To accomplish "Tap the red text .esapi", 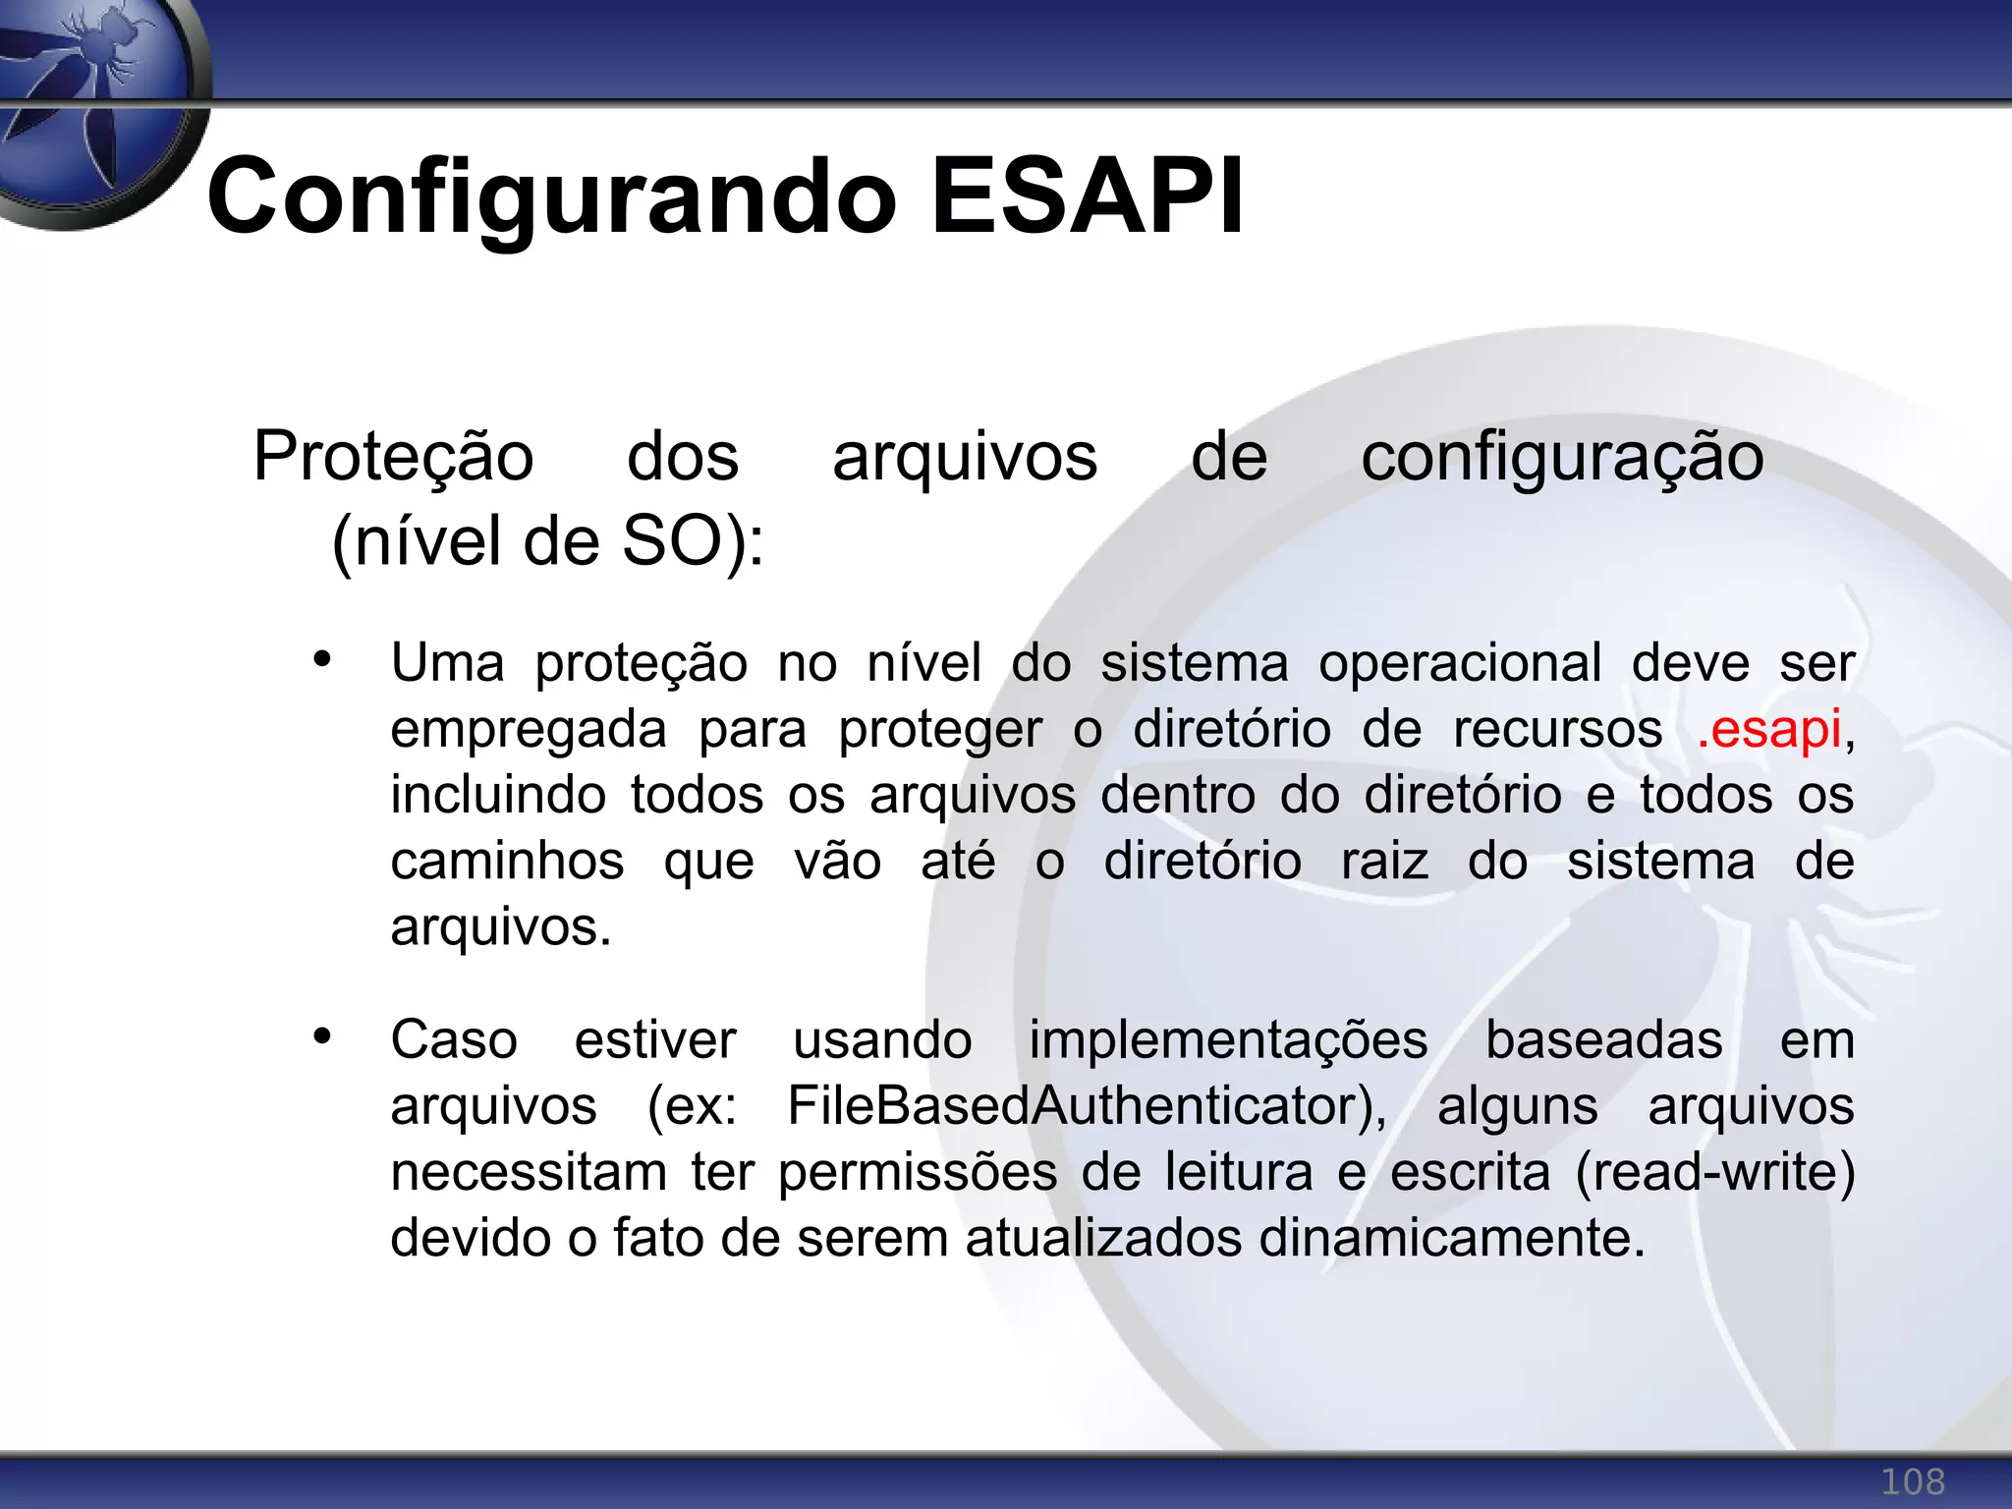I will click(1768, 730).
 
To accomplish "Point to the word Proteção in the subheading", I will click(393, 457).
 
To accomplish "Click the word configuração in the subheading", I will click(1562, 457).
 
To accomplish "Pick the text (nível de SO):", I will click(547, 541).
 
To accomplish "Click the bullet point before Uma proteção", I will click(322, 660).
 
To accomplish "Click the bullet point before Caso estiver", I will click(322, 1036).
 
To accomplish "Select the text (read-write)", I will click(1715, 1172).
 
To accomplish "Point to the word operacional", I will click(1460, 663).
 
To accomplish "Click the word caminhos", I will click(507, 862).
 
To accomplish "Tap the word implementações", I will click(1228, 1040).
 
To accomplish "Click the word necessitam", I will click(528, 1172).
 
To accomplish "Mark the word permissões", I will click(918, 1172).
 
